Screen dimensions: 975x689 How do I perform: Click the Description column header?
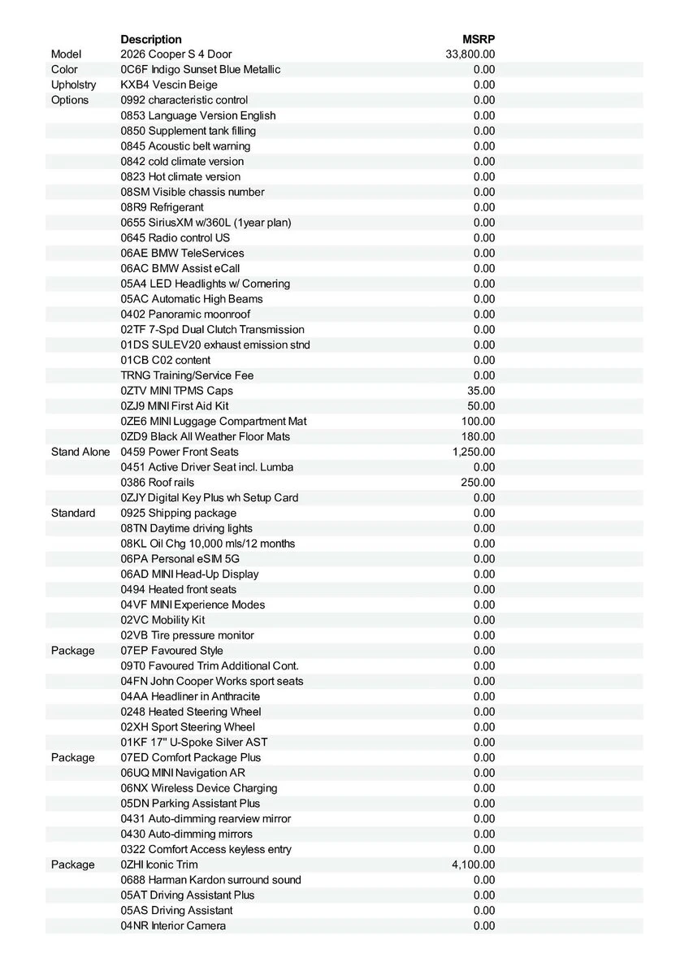[151, 39]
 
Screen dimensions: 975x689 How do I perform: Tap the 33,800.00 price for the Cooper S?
[470, 54]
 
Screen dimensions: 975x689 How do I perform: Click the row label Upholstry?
[73, 84]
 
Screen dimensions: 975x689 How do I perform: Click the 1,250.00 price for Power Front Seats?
[474, 452]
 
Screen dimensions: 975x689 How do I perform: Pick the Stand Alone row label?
[80, 452]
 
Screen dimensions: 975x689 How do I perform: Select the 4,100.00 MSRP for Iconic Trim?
[473, 864]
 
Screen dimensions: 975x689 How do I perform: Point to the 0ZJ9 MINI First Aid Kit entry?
[175, 406]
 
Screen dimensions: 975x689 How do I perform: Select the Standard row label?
[73, 513]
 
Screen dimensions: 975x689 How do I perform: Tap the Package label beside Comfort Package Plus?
[73, 757]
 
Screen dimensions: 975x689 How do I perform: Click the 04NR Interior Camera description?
[173, 926]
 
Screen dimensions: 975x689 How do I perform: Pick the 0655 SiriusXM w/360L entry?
[206, 223]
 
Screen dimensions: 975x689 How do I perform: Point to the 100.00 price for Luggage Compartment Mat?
[478, 422]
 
